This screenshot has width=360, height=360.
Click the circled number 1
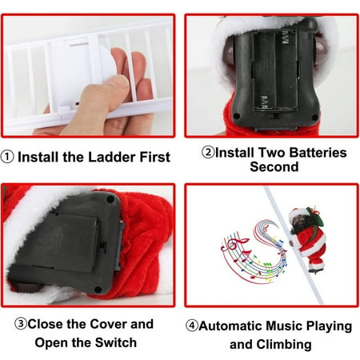click(7, 157)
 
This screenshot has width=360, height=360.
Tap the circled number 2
click(208, 152)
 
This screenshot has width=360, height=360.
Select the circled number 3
click(21, 324)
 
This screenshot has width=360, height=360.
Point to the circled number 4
click(192, 326)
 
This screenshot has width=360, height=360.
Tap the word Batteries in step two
click(318, 153)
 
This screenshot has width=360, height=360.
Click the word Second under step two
click(274, 166)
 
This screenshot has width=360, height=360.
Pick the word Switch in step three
click(116, 342)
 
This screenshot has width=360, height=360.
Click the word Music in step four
click(285, 326)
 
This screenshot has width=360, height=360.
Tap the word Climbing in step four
click(284, 345)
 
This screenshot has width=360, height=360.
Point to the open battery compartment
click(274, 70)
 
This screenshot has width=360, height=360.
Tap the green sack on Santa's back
click(316, 218)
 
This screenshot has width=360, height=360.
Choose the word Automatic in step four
click(231, 326)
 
